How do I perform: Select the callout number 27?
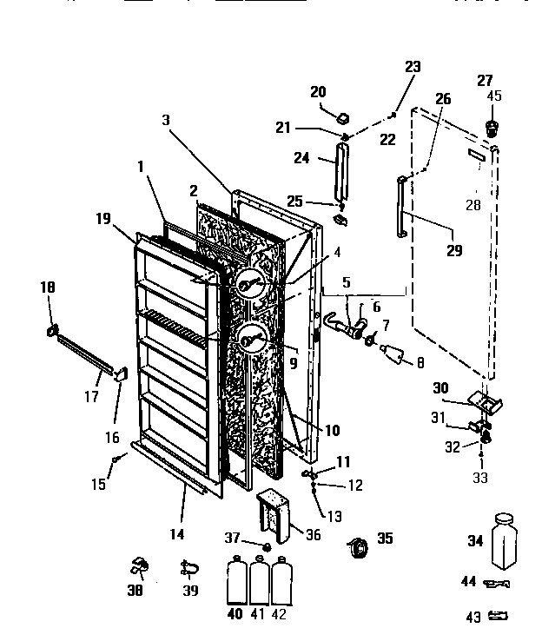[485, 81]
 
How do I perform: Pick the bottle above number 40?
[235, 581]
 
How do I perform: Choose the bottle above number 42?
[281, 581]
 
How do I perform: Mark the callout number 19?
[103, 220]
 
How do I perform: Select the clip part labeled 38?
[137, 565]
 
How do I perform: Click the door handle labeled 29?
[401, 208]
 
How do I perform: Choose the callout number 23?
[412, 66]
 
